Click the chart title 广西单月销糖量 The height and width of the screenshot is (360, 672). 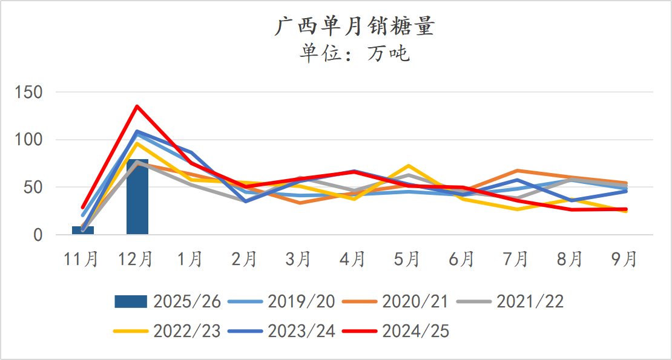[x=354, y=27]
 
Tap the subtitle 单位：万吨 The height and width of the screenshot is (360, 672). [x=354, y=54]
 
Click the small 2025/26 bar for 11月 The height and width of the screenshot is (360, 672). [x=83, y=230]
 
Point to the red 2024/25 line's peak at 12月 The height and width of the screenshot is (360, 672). [x=137, y=106]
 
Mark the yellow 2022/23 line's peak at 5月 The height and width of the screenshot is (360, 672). [x=409, y=166]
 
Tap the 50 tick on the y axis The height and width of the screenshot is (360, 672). [x=34, y=187]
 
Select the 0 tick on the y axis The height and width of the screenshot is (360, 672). [x=39, y=235]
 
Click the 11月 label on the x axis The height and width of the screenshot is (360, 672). [x=82, y=259]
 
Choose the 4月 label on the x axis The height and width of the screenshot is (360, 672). [x=354, y=259]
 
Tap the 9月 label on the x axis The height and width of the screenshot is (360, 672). [x=625, y=259]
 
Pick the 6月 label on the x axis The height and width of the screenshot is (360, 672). [x=463, y=259]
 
